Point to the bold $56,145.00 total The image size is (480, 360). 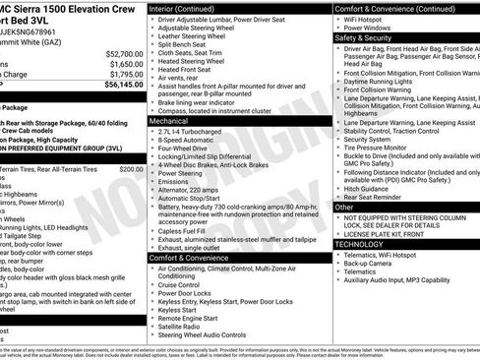pos(123,85)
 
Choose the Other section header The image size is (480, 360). pos(344,208)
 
